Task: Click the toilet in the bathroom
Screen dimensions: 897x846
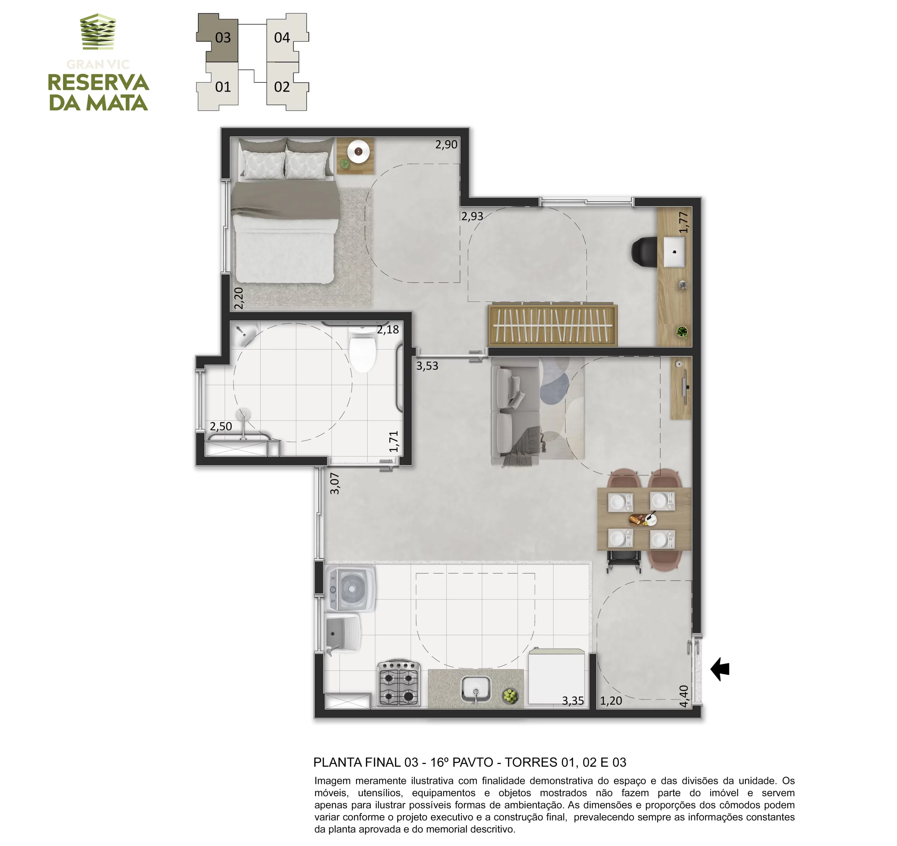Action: [x=362, y=350]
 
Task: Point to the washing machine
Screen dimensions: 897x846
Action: [x=350, y=589]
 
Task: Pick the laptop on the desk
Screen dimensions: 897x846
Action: [x=674, y=251]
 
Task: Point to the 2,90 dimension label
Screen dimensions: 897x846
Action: [x=446, y=144]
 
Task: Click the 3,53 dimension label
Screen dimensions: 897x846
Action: [x=427, y=366]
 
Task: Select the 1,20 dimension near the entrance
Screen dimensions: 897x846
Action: [x=611, y=701]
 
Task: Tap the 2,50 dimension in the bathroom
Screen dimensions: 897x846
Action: [x=221, y=426]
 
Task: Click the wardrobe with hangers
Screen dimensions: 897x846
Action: [x=552, y=325]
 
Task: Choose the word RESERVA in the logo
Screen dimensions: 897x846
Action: [x=98, y=83]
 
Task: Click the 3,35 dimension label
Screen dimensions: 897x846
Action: [x=573, y=701]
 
